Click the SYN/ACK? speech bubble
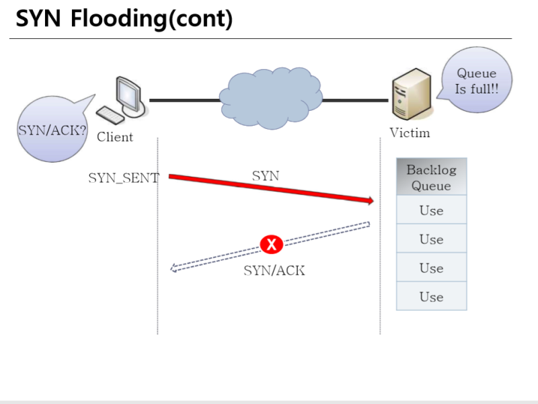pyautogui.click(x=50, y=129)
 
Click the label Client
pyautogui.click(x=115, y=138)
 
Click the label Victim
pyautogui.click(x=410, y=133)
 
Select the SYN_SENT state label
pyautogui.click(x=124, y=178)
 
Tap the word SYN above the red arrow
pyautogui.click(x=266, y=176)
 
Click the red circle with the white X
pyautogui.click(x=271, y=245)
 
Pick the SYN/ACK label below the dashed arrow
pyautogui.click(x=274, y=271)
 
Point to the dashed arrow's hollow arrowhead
pyautogui.click(x=175, y=268)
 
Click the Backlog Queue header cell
pyautogui.click(x=431, y=177)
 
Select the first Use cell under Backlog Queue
pyautogui.click(x=431, y=210)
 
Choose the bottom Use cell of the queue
pyautogui.click(x=431, y=296)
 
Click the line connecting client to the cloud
pyautogui.click(x=184, y=100)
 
